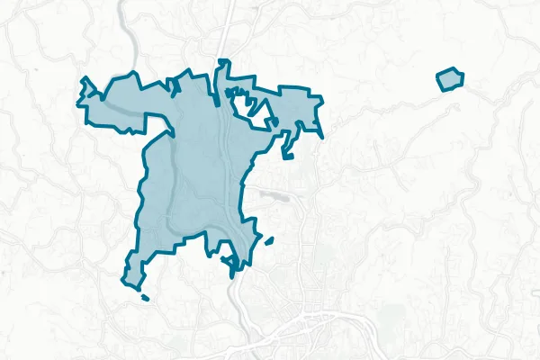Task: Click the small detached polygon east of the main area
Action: tap(449, 79)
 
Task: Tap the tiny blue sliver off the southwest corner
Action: tap(145, 297)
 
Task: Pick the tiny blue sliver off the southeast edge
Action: tap(269, 240)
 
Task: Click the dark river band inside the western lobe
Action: tap(121, 105)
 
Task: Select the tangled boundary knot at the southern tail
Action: tap(233, 264)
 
